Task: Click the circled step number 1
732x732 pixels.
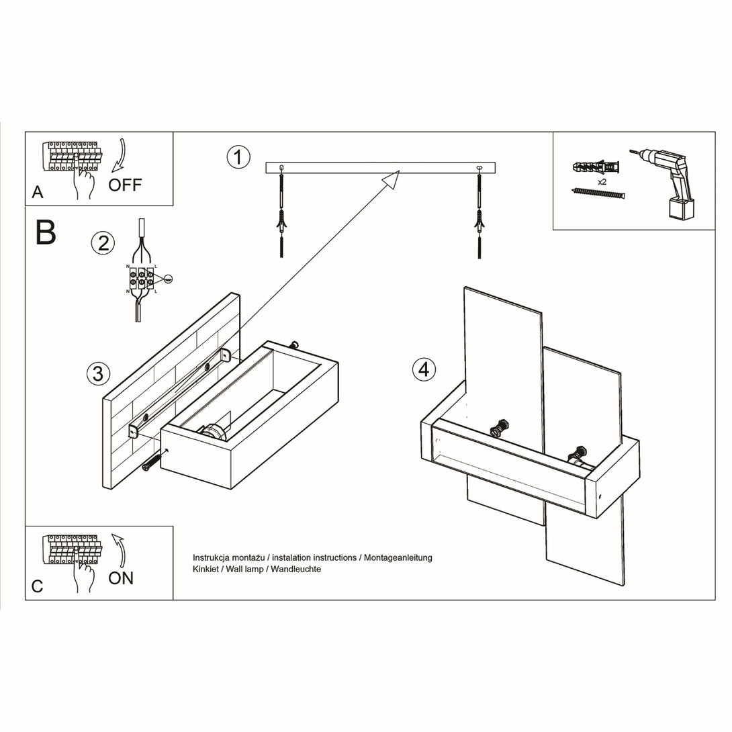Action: pos(238,157)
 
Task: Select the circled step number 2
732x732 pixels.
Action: pos(103,243)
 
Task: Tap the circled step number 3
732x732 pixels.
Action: pos(99,373)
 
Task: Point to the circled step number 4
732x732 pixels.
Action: pos(424,369)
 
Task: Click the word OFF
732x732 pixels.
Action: pos(125,185)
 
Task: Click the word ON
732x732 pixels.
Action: pos(121,578)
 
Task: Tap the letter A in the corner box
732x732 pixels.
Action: pos(38,192)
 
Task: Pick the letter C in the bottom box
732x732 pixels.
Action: pos(38,586)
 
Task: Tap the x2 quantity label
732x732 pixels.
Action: pos(602,181)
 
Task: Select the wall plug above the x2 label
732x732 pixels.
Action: pos(596,167)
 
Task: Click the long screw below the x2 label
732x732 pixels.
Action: pos(598,193)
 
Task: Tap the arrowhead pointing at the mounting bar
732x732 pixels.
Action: pos(392,179)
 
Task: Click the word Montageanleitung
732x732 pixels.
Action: pos(398,557)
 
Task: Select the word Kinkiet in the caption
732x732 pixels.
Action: pos(206,569)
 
